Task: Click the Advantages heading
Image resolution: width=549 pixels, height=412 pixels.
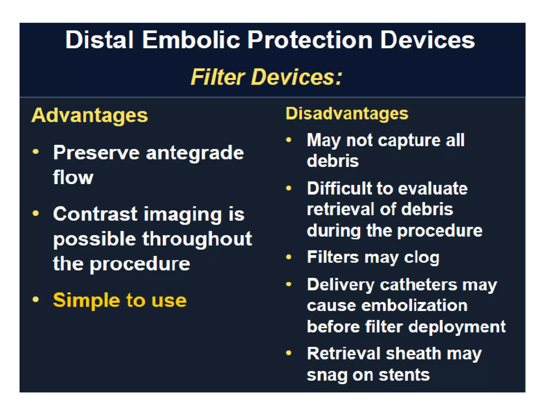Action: point(90,115)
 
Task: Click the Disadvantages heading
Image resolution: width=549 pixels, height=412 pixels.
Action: point(347,113)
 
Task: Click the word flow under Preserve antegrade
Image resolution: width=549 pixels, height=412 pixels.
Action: point(73,177)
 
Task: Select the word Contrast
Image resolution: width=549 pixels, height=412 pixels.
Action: point(95,214)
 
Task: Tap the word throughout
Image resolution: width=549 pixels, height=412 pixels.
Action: point(197,239)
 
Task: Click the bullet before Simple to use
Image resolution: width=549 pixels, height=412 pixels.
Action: point(36,299)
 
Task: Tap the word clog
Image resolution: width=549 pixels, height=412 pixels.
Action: point(422,257)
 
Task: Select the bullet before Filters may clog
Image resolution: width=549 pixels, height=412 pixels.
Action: point(289,257)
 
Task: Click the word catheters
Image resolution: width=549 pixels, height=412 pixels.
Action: point(418,285)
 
